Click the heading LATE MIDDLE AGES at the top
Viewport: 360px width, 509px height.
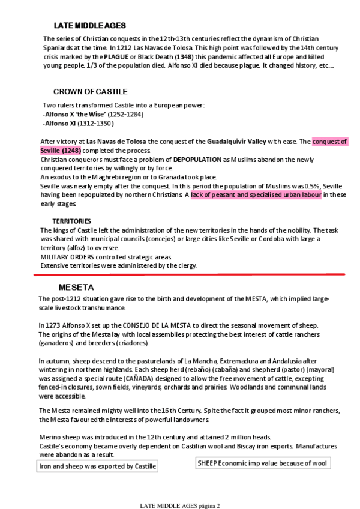coord(89,25)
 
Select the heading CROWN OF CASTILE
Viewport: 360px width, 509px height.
coord(90,92)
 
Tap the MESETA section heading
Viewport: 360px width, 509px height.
coord(76,287)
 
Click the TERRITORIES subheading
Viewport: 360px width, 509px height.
coord(71,221)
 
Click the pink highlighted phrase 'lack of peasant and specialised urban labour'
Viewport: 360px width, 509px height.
coord(256,195)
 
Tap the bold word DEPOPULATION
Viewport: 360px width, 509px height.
coord(197,160)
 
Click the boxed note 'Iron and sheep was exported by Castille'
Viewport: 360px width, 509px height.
coord(97,466)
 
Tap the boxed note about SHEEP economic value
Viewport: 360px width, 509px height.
coord(263,463)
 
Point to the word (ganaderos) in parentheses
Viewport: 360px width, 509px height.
coord(56,343)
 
